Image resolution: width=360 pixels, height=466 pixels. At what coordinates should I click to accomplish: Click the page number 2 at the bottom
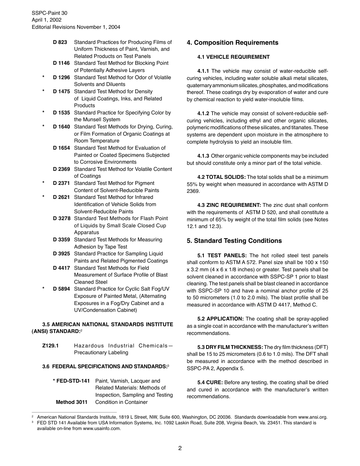click(x=180, y=448)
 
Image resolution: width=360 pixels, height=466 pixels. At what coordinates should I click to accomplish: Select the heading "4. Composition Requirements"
click(x=232, y=43)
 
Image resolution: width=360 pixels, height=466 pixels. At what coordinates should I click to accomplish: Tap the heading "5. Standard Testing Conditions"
click(x=234, y=241)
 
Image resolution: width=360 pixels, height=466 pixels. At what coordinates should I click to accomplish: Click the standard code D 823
click(x=60, y=42)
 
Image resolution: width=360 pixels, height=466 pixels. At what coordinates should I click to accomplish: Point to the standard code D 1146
click(x=61, y=63)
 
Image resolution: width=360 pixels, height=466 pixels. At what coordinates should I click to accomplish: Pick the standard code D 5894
click(x=61, y=289)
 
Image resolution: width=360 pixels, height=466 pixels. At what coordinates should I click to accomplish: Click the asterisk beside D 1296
click(x=44, y=78)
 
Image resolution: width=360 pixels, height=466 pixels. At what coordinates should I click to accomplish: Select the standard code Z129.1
click(x=50, y=346)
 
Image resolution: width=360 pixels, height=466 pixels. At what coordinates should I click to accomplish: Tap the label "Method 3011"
click(x=72, y=402)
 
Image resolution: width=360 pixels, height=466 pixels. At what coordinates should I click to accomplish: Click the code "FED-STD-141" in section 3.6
click(x=73, y=381)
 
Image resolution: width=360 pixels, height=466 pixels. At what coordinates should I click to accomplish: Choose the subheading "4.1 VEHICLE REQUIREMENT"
click(x=233, y=57)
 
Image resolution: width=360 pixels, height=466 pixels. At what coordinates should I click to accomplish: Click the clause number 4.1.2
click(x=203, y=114)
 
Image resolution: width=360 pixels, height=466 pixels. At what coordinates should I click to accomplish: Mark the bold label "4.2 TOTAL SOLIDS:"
click(x=221, y=177)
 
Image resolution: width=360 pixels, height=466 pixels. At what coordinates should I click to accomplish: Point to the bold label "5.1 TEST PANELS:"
click(x=222, y=256)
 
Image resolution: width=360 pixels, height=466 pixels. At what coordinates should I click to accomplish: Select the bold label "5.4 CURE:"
click(x=211, y=383)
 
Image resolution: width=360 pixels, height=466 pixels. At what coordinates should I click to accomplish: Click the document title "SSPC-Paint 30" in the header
click(x=49, y=13)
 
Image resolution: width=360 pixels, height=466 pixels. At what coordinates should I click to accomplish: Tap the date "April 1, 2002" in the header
click(x=47, y=20)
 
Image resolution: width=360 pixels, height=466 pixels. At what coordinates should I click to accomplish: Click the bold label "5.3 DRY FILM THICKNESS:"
click(x=230, y=347)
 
